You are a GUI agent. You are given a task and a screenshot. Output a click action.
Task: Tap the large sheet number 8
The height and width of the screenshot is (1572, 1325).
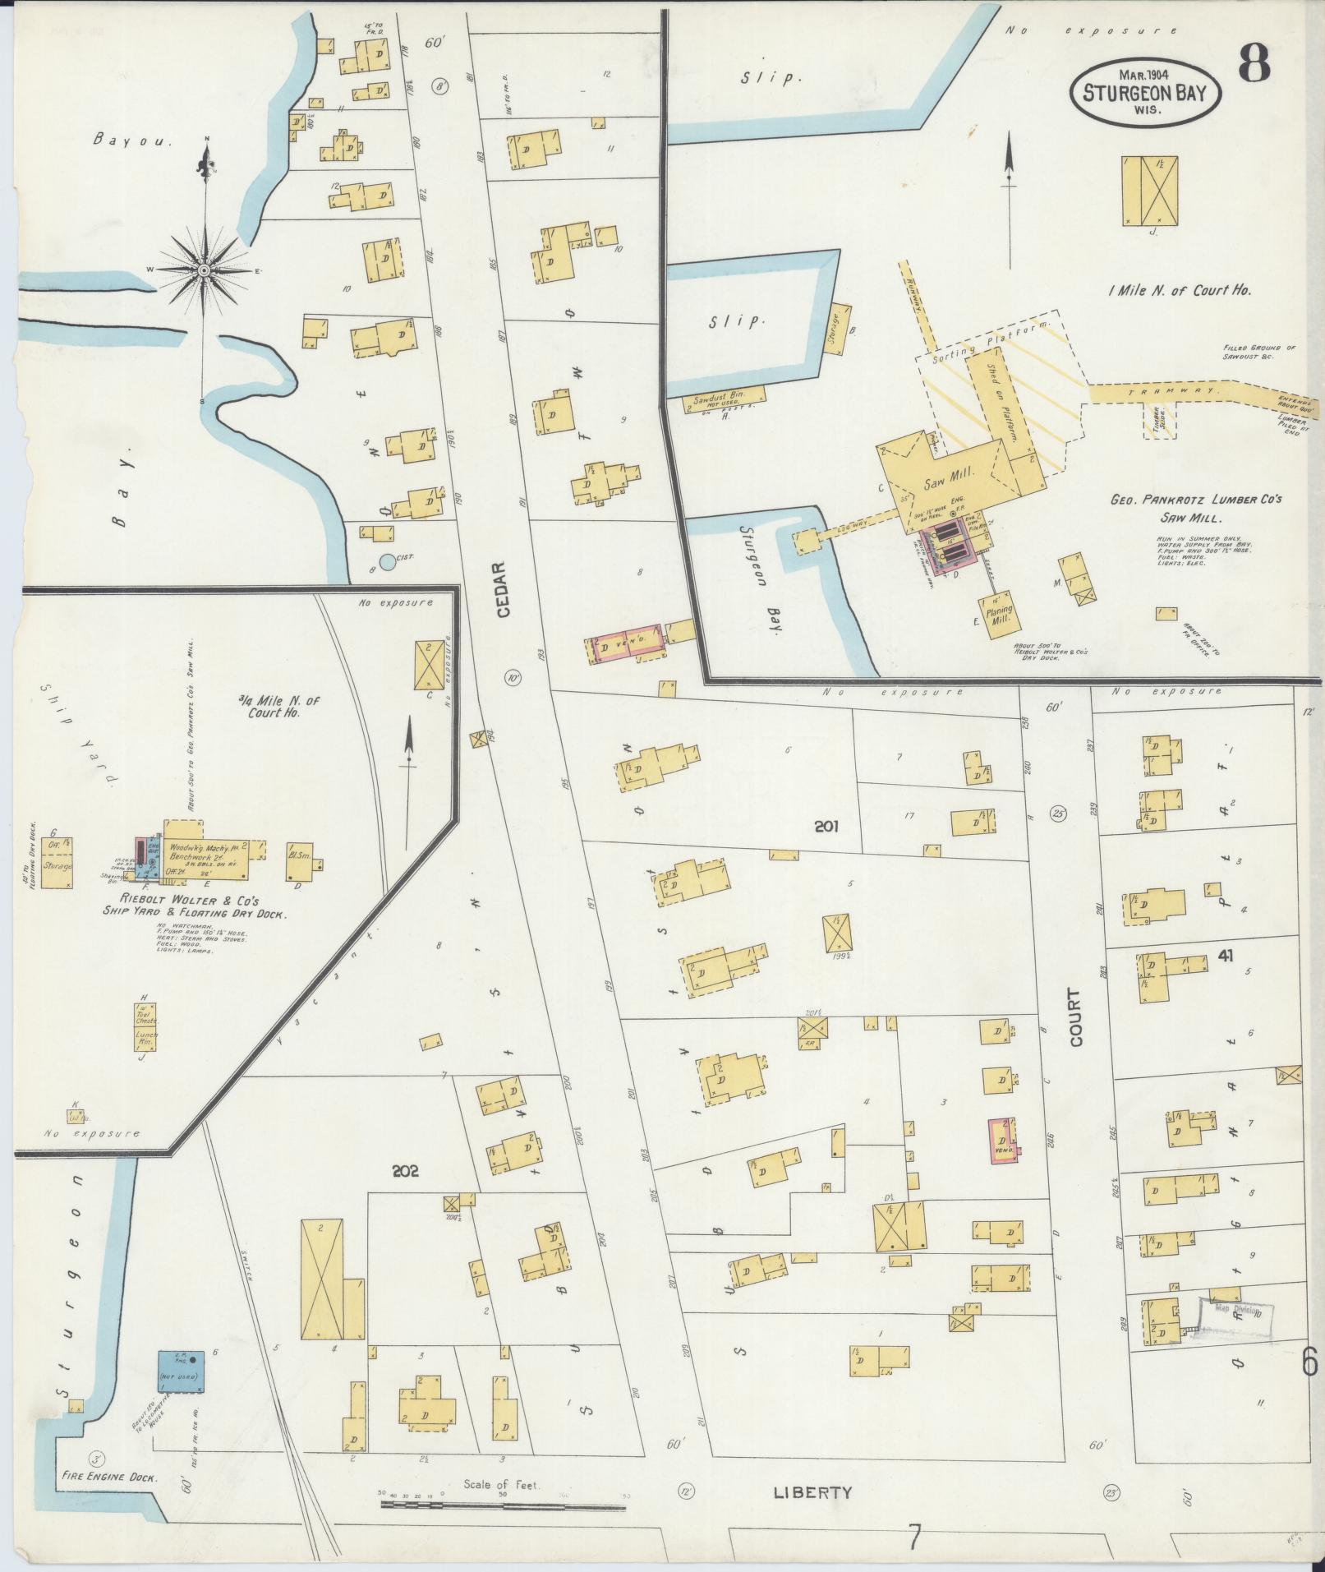1255,63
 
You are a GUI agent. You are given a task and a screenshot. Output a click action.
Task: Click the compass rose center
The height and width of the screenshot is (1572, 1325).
203,270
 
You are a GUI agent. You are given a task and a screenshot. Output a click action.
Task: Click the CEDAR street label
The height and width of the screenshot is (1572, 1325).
504,590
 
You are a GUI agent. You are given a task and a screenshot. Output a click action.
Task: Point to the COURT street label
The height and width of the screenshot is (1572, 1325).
1075,1016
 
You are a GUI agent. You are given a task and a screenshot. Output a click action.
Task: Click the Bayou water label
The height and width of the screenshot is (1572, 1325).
132,141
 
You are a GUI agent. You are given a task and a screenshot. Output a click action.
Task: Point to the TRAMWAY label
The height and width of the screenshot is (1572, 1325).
1173,392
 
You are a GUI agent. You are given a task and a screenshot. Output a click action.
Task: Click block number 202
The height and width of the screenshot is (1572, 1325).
405,1171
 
